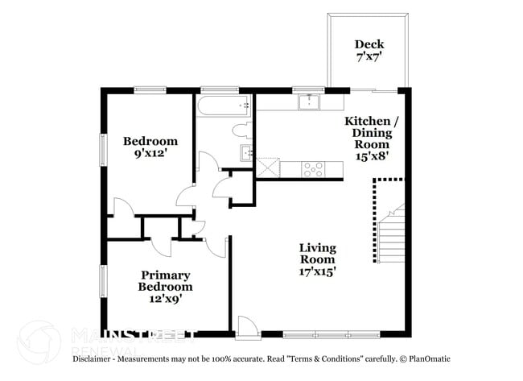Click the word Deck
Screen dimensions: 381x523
coord(369,44)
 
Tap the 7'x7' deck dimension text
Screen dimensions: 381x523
coord(369,58)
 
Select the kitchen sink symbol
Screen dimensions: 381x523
coord(308,101)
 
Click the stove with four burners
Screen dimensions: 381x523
coord(312,169)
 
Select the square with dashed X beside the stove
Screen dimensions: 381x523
coord(268,168)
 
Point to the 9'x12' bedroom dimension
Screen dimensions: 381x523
coord(150,155)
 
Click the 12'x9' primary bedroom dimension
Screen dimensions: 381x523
coord(165,298)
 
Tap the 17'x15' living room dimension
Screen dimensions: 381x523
coord(318,272)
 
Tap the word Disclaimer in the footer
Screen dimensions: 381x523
coord(97,358)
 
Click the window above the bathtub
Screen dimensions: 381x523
coord(212,89)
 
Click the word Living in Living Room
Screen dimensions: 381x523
coord(318,247)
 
